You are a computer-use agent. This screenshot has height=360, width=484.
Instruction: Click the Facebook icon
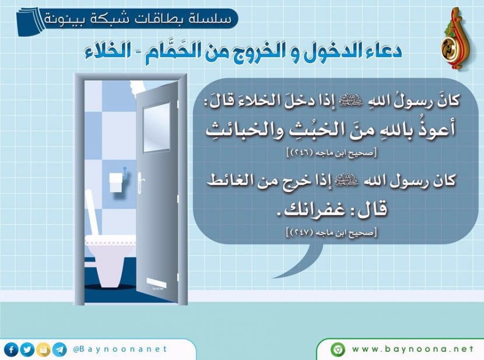[12, 350]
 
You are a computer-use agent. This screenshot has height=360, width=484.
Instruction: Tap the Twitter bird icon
[27, 350]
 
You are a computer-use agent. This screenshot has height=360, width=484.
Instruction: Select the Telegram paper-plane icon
[59, 350]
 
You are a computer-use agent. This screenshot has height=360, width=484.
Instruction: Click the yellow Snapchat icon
[44, 350]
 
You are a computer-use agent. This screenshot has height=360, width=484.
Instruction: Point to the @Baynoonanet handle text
[120, 349]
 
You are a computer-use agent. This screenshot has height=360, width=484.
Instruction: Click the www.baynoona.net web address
[413, 349]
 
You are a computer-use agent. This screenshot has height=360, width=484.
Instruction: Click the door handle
[141, 183]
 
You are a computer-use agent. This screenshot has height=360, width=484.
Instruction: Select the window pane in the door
[157, 127]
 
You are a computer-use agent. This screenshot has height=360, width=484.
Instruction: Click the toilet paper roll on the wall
[116, 183]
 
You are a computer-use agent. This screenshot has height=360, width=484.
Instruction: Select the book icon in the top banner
[30, 22]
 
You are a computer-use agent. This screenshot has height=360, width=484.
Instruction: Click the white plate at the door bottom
[156, 282]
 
